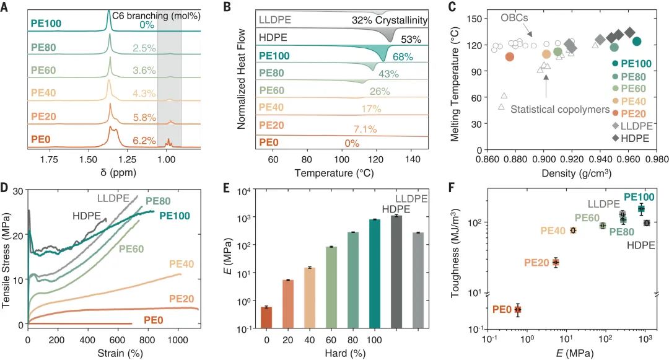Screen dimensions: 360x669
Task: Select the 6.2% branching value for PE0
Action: [x=143, y=140]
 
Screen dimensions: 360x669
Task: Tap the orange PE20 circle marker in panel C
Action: [x=510, y=56]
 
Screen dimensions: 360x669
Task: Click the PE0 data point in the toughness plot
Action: [x=518, y=309]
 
